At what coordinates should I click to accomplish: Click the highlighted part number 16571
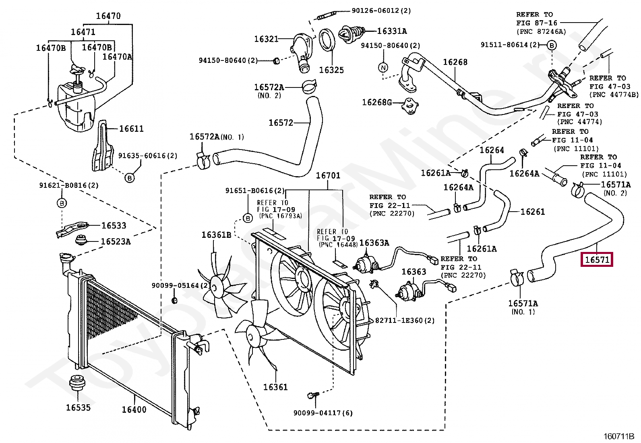(597, 260)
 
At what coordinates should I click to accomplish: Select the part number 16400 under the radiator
(134, 410)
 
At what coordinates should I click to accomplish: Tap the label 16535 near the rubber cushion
(78, 408)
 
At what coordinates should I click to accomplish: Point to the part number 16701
(328, 175)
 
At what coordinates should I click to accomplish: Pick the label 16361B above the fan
(216, 235)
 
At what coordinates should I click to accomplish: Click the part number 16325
(331, 70)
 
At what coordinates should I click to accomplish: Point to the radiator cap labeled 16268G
(410, 106)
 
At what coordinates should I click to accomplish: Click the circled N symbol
(383, 68)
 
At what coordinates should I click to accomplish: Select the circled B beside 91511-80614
(552, 45)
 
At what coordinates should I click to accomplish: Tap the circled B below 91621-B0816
(62, 203)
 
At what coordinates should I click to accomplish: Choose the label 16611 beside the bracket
(131, 129)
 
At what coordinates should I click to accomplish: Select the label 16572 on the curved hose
(281, 123)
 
